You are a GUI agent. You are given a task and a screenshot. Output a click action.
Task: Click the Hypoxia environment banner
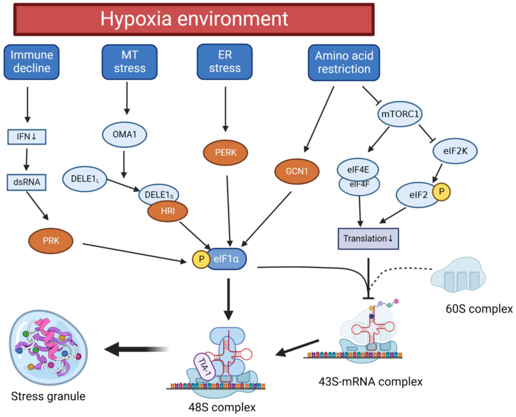tap(194, 19)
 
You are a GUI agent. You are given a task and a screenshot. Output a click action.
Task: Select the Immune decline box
tap(32, 62)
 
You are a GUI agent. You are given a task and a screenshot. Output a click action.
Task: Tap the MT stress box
tap(130, 62)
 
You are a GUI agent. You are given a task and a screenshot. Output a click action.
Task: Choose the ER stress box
tap(225, 62)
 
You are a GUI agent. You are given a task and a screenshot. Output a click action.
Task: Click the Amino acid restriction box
tap(344, 63)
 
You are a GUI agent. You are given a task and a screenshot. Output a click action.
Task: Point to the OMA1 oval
tap(124, 134)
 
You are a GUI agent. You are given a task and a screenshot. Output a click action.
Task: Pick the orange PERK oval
tap(225, 152)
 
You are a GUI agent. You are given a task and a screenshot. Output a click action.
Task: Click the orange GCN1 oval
tap(297, 171)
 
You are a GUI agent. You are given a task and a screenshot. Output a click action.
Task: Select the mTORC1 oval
tap(400, 114)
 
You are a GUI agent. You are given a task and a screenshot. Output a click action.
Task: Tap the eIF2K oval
tap(455, 151)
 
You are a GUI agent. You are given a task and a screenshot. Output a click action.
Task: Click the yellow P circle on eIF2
tap(442, 192)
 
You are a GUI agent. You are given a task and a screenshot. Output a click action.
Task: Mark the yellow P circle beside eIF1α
tap(201, 259)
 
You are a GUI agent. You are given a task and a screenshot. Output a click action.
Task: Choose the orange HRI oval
tap(168, 211)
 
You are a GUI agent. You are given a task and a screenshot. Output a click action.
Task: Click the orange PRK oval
tap(51, 241)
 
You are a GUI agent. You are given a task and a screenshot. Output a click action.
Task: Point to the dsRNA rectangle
tap(27, 182)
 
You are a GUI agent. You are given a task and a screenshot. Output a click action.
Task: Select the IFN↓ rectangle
tap(27, 137)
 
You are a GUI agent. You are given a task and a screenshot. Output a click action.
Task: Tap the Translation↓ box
tap(368, 239)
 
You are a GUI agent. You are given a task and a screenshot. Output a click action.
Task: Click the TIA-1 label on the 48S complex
tap(205, 367)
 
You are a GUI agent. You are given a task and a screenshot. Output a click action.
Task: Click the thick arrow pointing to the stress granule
tap(135, 349)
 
